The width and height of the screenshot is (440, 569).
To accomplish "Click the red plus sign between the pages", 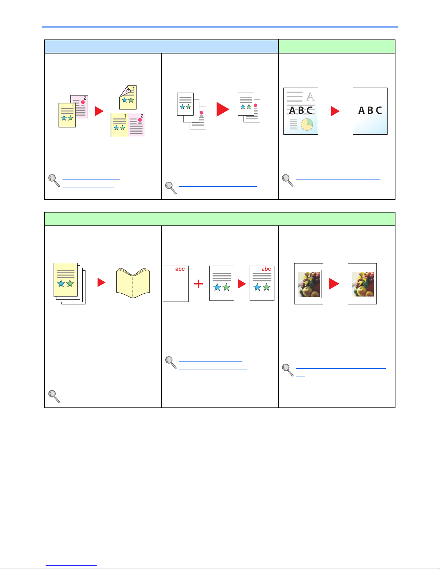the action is [x=199, y=284].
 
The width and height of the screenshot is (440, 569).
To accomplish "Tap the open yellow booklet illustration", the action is [x=133, y=283].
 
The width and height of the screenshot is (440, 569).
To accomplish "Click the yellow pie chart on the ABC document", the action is [x=307, y=124].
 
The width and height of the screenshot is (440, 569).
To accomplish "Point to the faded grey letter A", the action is [x=310, y=97].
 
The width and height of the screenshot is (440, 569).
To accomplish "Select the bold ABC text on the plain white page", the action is [x=370, y=111].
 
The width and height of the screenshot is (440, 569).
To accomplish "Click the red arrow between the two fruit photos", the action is [x=334, y=284].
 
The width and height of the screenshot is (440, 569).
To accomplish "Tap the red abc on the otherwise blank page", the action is [x=180, y=269].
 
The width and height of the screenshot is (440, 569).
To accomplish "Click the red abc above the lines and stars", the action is [x=266, y=269].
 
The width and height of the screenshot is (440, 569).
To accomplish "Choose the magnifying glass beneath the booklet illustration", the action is [x=54, y=396].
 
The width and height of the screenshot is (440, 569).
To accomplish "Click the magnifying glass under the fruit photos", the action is [x=288, y=370].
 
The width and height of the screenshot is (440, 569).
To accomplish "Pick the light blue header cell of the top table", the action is [x=161, y=47].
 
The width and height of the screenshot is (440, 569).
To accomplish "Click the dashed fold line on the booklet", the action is [x=133, y=287].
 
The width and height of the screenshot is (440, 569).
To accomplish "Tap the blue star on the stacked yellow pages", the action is [x=61, y=283].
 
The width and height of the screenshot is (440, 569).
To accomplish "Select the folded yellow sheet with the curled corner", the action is [x=128, y=97].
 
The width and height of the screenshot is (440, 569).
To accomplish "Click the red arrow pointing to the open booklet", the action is [x=101, y=282].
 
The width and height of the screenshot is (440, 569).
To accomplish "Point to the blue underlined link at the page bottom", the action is [x=71, y=565].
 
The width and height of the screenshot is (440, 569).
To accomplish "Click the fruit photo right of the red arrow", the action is [x=363, y=284].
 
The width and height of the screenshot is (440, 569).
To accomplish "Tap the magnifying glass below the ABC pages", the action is [x=288, y=181].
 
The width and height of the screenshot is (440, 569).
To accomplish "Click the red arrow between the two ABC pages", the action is [x=335, y=111].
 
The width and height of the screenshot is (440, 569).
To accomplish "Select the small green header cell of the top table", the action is [x=337, y=47].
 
